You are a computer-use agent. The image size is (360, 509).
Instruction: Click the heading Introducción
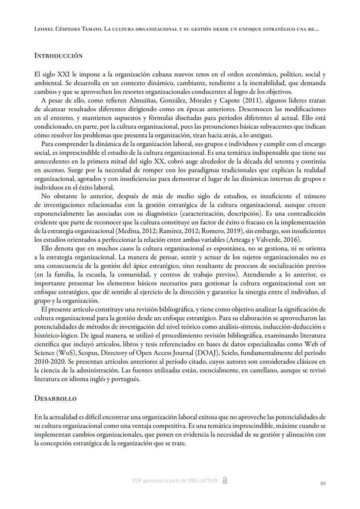click(58, 56)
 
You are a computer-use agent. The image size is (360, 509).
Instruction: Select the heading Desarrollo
click(56, 398)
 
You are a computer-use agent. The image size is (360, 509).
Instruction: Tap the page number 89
click(323, 483)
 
